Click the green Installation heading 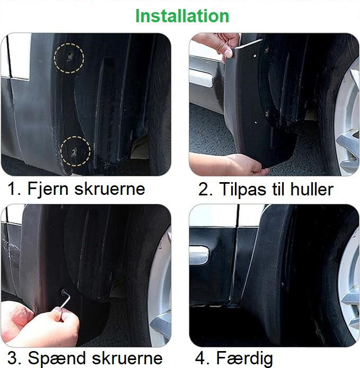[182, 16]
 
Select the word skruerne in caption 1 [110, 189]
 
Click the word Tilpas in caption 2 [243, 190]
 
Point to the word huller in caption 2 [312, 189]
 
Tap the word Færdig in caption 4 [244, 358]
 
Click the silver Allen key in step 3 [66, 301]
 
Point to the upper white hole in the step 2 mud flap [255, 56]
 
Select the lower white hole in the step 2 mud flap [256, 122]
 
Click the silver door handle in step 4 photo [199, 255]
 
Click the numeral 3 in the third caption [12, 358]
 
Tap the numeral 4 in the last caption [200, 358]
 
